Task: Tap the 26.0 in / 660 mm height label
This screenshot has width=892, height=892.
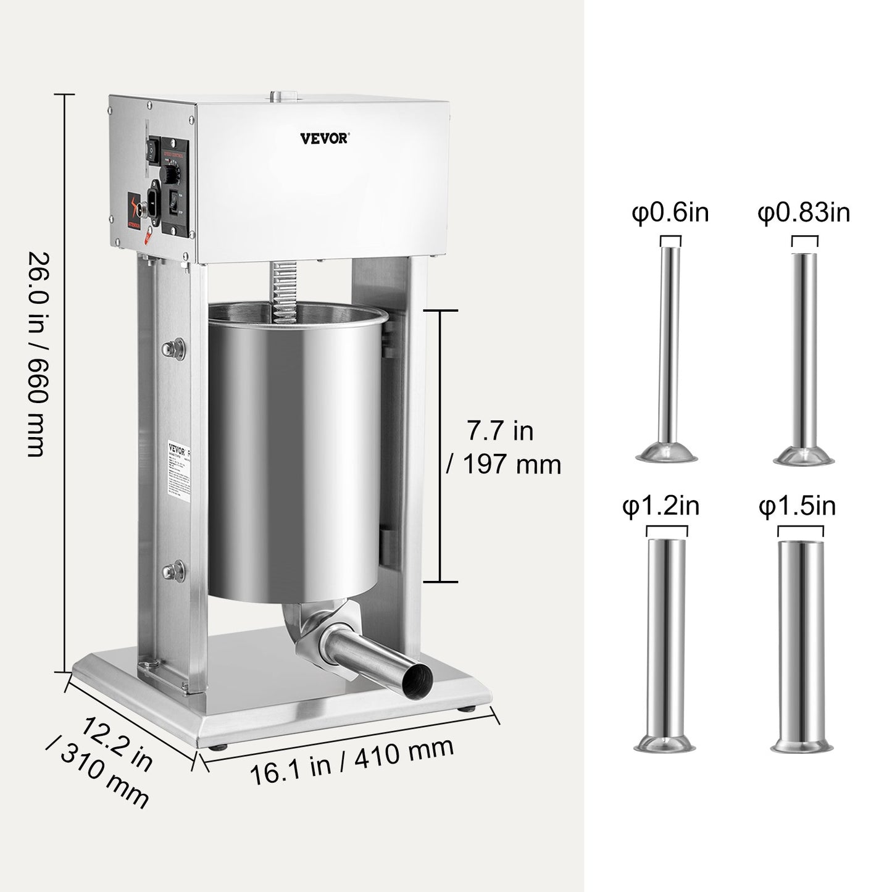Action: (36, 354)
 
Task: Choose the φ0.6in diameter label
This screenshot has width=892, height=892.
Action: (670, 213)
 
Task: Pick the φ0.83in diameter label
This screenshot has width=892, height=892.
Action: (804, 213)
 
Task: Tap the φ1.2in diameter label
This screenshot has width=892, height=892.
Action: (661, 506)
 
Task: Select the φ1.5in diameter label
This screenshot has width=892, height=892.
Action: (797, 506)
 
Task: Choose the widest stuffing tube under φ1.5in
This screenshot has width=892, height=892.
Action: (801, 642)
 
